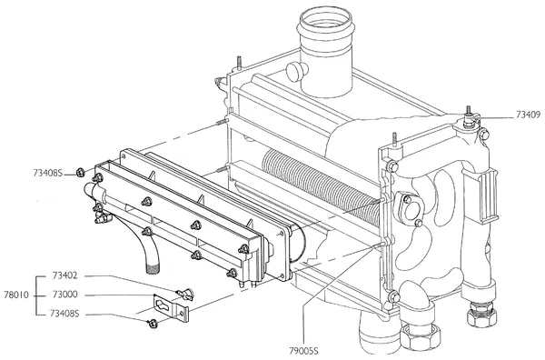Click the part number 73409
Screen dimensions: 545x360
click(528, 115)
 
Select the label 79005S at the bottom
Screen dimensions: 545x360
click(303, 351)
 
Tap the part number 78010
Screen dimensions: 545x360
click(16, 295)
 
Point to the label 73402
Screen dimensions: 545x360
click(65, 275)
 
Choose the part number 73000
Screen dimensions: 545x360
click(65, 295)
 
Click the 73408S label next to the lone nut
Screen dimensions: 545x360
click(48, 173)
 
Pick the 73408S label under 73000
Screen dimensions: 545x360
click(64, 314)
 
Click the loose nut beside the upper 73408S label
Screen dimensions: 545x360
click(80, 172)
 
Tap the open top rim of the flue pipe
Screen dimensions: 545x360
click(326, 20)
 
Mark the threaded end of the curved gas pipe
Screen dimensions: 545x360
click(153, 268)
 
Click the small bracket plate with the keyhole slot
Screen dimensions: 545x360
click(171, 308)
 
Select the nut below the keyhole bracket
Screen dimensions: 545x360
click(152, 324)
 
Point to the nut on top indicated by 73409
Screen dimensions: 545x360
click(469, 121)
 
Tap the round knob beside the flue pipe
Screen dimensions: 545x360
click(296, 71)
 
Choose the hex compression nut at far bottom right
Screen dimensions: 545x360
click(481, 315)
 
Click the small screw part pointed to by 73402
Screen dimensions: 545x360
click(185, 295)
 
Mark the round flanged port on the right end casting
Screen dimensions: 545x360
click(410, 207)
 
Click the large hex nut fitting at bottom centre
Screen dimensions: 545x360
click(420, 338)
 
